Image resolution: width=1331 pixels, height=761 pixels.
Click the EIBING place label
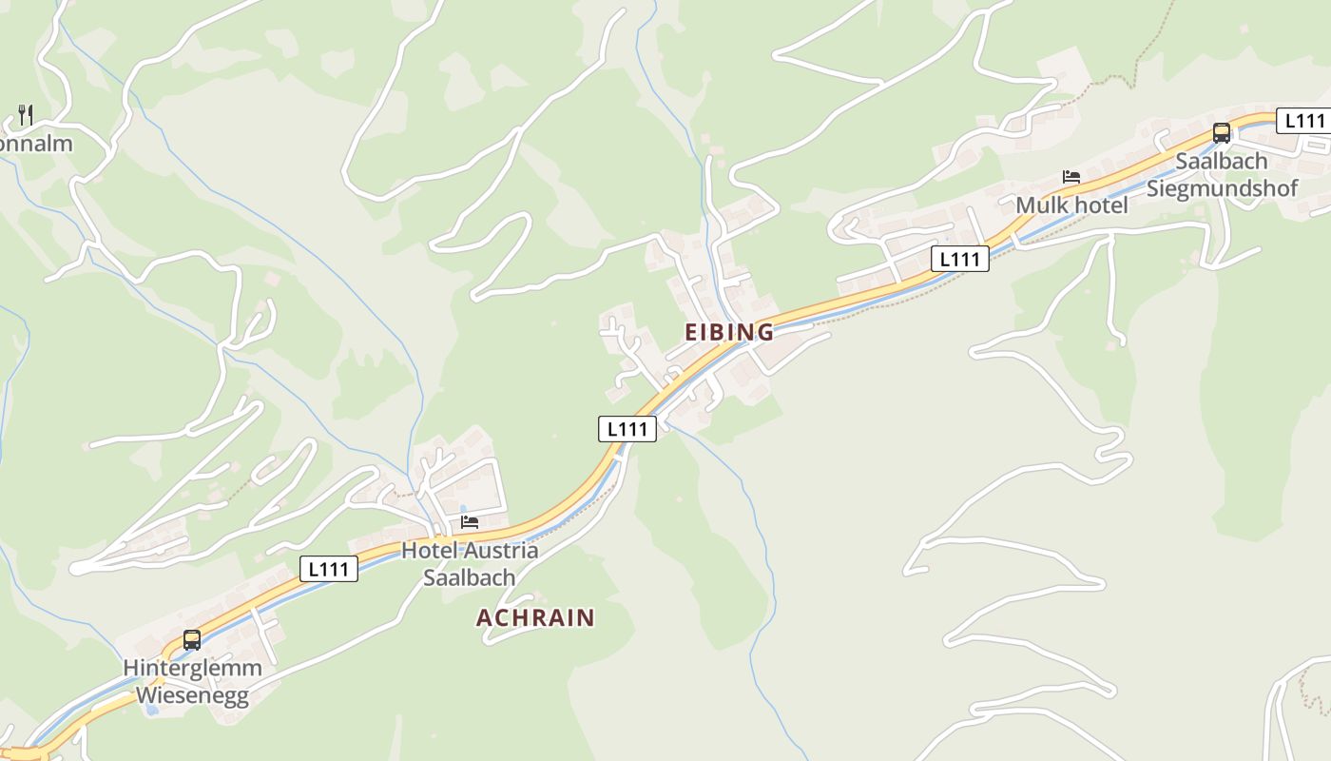pos(729,332)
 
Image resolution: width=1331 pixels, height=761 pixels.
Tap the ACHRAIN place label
pos(535,617)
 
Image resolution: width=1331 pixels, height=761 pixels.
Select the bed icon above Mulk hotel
pos(1071,177)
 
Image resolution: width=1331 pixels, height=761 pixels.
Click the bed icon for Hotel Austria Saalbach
pos(470,521)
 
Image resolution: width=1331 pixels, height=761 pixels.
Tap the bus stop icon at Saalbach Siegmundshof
pos(1222,133)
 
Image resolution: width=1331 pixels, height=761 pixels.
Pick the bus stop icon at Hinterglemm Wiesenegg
pos(192,639)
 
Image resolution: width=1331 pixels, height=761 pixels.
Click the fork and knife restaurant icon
pos(26,116)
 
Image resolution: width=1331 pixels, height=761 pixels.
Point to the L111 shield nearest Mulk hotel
pos(960,259)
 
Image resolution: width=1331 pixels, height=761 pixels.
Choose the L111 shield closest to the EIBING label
pos(627,429)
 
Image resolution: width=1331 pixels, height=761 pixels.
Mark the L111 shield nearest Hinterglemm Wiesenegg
pos(329,569)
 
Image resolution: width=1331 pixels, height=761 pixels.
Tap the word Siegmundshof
pos(1222,187)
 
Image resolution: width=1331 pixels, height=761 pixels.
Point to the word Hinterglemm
pos(192,668)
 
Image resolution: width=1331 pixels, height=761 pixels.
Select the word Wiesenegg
pos(192,695)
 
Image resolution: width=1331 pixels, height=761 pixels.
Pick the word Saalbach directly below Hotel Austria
pos(470,576)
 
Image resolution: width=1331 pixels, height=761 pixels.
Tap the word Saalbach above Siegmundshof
pos(1222,161)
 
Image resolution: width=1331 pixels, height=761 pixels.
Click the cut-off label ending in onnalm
pos(36,144)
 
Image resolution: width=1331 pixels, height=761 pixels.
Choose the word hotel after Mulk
pos(1099,205)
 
